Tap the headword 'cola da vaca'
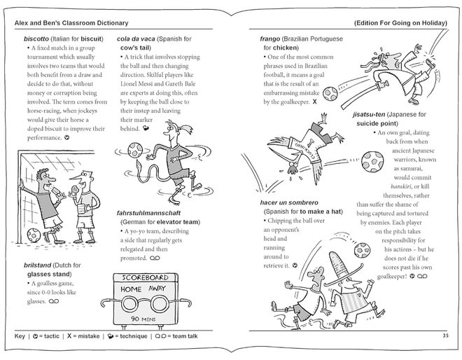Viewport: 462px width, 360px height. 136,36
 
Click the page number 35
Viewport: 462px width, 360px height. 445,335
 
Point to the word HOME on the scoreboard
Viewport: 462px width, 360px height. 133,289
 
